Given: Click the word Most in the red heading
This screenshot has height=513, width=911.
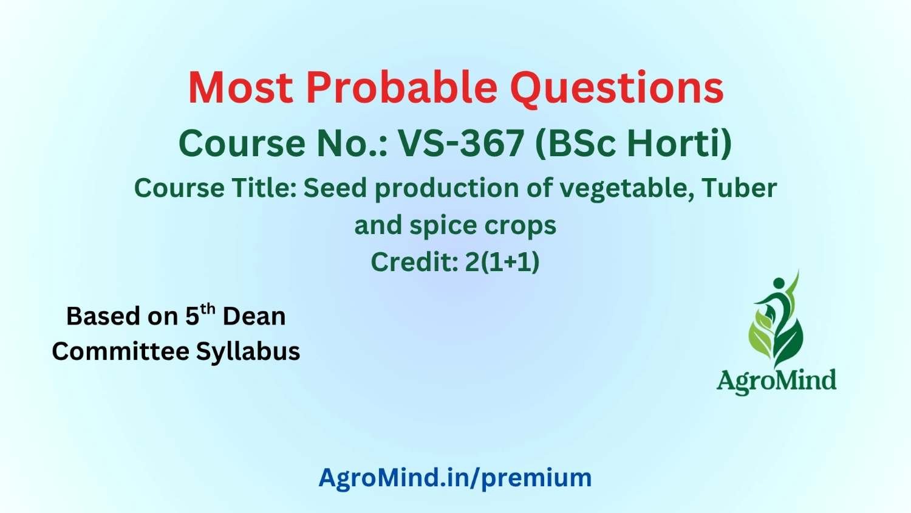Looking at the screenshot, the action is pos(241,88).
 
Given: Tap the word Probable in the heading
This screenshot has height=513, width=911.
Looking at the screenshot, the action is pos(402,88).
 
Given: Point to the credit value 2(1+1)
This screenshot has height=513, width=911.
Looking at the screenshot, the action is pos(502,262).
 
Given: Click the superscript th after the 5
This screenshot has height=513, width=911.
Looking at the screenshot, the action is pos(208,309).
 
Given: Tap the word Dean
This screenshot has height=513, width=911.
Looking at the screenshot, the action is pos(254,316).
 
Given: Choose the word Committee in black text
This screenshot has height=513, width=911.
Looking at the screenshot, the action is pos(121,351).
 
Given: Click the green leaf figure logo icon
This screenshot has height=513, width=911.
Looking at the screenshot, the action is pos(777,318).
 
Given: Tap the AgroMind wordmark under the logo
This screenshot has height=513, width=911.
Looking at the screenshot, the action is pos(776,381).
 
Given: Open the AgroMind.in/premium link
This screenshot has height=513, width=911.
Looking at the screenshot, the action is pos(455,478).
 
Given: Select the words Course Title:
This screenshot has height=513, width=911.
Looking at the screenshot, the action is pos(216,188).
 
